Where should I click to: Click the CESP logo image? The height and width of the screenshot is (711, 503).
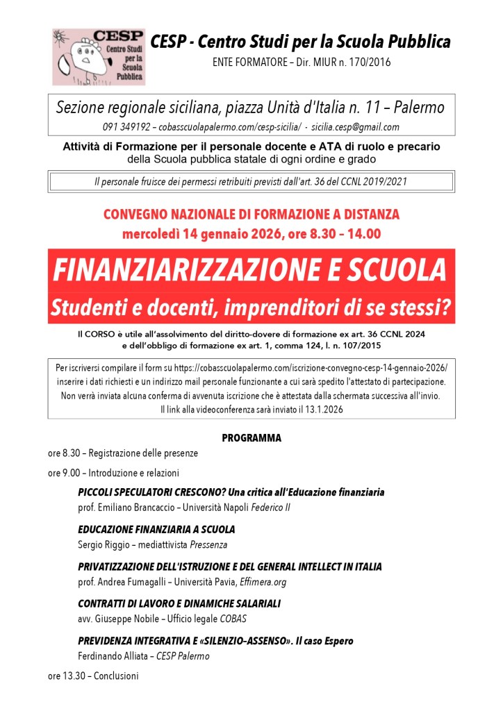[99, 56]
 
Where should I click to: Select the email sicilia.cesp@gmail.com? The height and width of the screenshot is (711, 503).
[355, 127]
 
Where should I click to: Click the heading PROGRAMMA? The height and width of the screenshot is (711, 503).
[251, 438]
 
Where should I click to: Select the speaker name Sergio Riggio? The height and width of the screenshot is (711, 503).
[103, 545]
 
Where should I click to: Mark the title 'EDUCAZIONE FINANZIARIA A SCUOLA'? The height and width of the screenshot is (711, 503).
[156, 530]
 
